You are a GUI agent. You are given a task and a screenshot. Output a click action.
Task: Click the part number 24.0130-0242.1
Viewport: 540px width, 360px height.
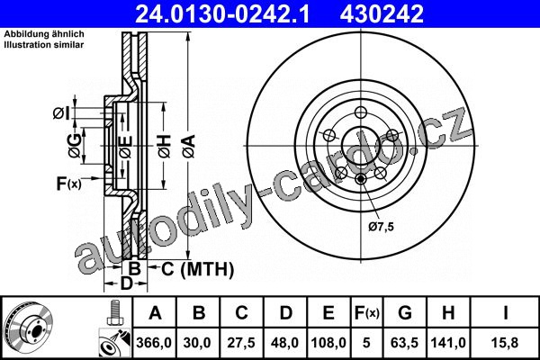pyautogui.click(x=222, y=14)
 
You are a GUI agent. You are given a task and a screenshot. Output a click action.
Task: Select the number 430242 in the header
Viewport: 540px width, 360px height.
pyautogui.click(x=382, y=14)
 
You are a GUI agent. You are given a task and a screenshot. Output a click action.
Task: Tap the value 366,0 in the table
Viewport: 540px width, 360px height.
pyautogui.click(x=154, y=343)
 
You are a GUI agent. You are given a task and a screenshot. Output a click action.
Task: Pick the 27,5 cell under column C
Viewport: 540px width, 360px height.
pyautogui.click(x=241, y=343)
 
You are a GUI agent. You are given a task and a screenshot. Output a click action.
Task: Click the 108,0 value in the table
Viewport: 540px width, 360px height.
pyautogui.click(x=328, y=343)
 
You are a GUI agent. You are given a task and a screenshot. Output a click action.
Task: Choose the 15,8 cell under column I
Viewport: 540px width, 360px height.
pyautogui.click(x=505, y=343)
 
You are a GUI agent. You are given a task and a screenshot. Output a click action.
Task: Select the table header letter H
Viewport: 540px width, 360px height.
pyautogui.click(x=448, y=313)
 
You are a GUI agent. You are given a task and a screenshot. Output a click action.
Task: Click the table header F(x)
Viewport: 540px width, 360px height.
pyautogui.click(x=367, y=313)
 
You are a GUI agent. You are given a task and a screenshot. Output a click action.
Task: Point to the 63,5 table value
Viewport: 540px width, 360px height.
pyautogui.click(x=405, y=343)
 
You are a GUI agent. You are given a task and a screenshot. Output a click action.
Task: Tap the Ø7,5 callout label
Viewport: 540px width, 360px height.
pyautogui.click(x=381, y=227)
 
